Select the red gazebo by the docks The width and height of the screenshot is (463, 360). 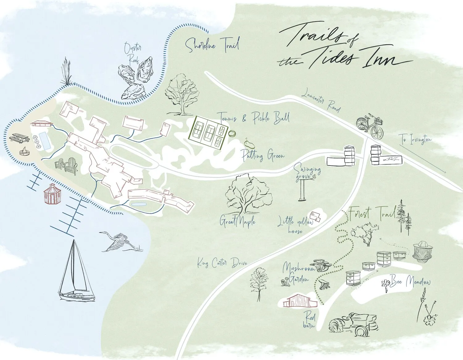pos(52,194)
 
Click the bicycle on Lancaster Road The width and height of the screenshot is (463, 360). pos(370,126)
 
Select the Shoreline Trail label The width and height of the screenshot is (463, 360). pos(212,45)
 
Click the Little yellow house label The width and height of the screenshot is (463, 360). pos(296,224)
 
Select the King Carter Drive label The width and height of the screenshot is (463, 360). pos(222,263)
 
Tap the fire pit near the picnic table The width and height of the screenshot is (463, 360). pos(24,151)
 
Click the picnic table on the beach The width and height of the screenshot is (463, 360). pos(19,138)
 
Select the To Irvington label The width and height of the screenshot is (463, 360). pos(416,139)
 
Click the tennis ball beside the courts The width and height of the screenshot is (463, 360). pos(232,134)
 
